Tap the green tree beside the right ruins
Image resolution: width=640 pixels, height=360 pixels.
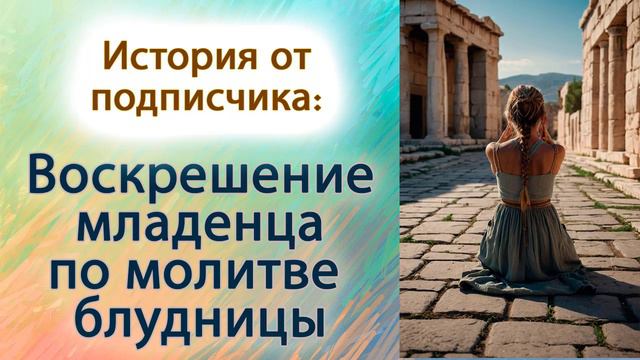573,95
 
